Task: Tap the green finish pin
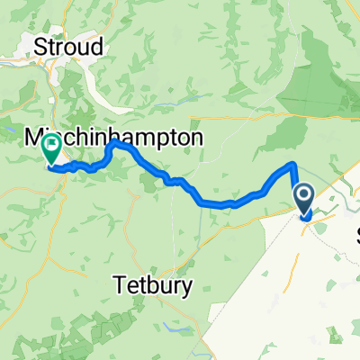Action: [x=50, y=148]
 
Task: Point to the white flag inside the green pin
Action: [x=50, y=145]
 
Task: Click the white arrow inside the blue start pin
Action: [x=304, y=195]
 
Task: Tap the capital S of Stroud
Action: [x=40, y=46]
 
